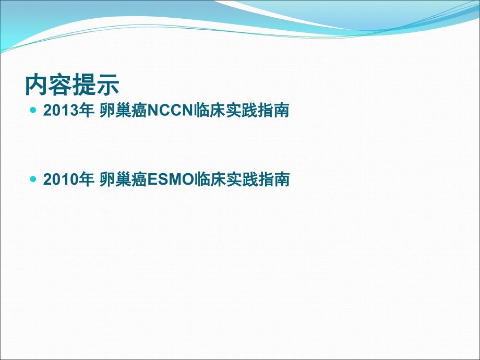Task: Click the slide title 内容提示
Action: [72, 85]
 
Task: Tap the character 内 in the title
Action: [37, 85]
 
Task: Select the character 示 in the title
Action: [107, 85]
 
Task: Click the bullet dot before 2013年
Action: [33, 110]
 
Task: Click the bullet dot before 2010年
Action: [33, 179]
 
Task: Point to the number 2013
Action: [61, 110]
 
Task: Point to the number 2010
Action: [61, 179]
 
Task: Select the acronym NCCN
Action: [171, 110]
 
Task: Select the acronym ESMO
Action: [171, 179]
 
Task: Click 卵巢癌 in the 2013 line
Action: [124, 110]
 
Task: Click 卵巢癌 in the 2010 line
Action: [124, 179]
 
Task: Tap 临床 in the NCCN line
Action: [210, 110]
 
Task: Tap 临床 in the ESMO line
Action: [210, 179]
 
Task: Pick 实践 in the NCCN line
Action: [242, 110]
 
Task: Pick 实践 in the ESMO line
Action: [242, 179]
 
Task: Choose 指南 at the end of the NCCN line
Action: [273, 110]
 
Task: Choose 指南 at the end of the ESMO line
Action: [274, 179]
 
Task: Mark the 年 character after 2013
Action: [86, 110]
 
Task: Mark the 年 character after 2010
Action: [86, 179]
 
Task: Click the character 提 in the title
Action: [84, 85]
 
